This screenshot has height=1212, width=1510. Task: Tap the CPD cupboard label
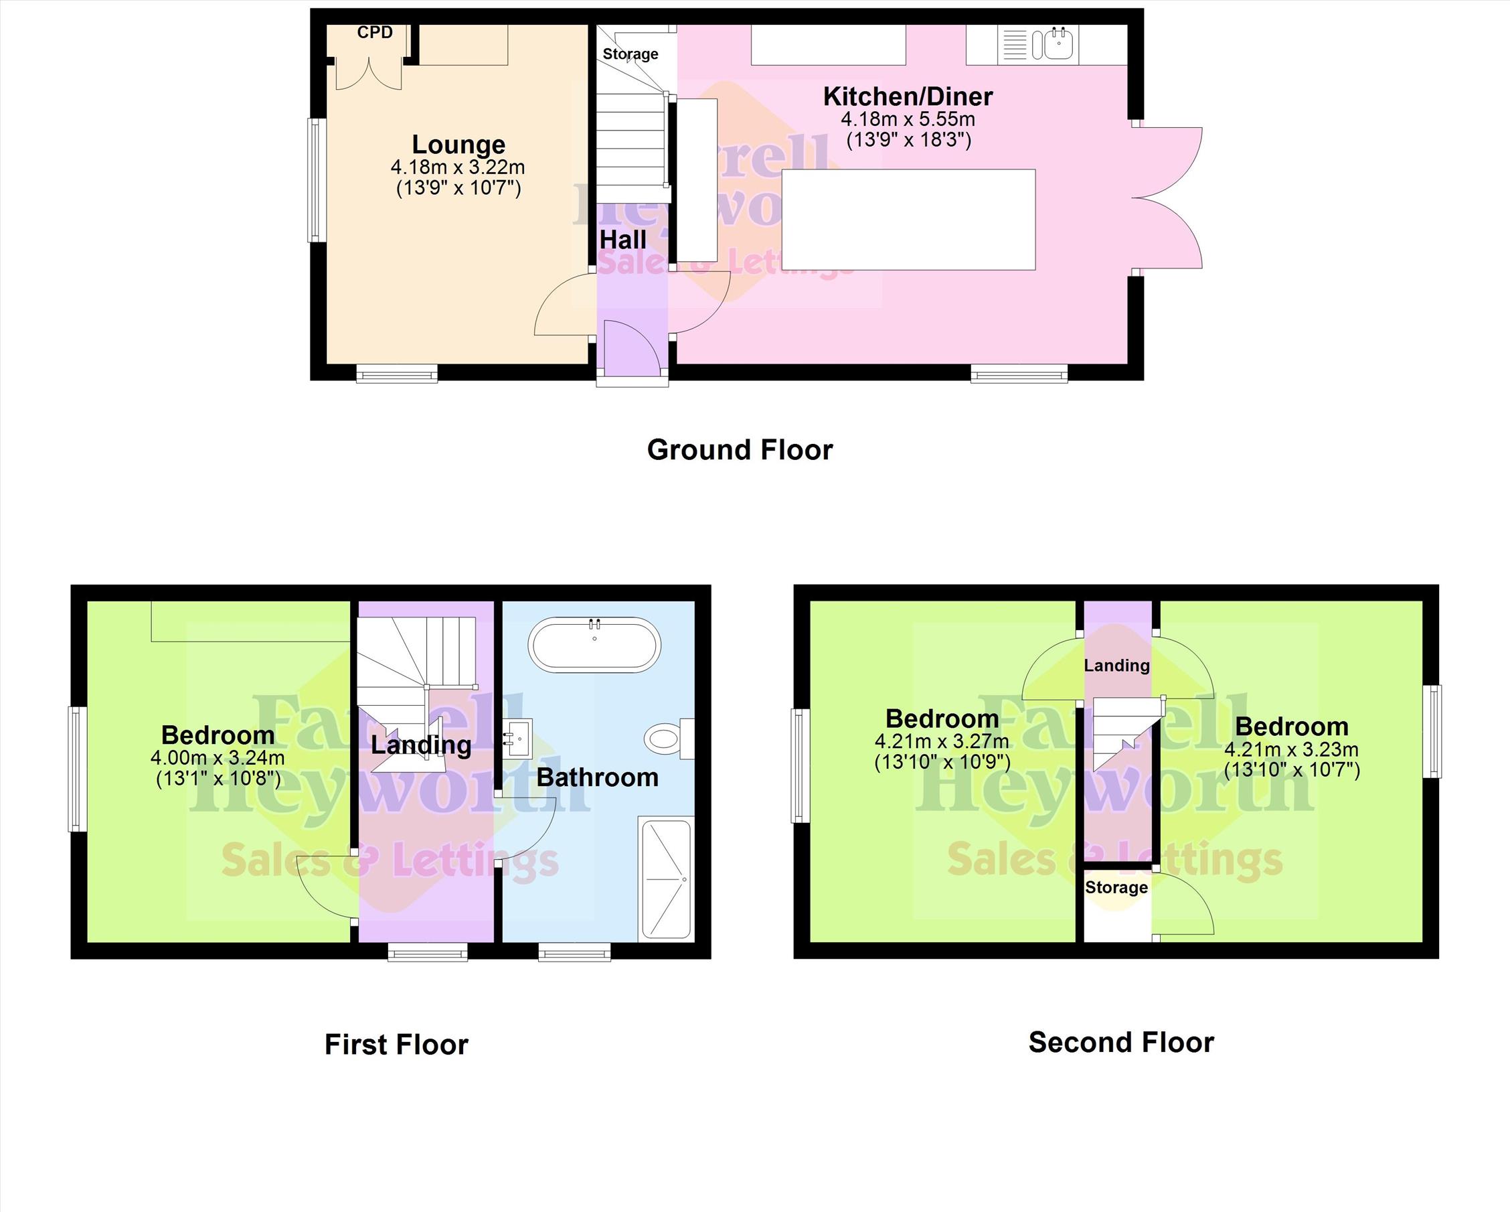[375, 32]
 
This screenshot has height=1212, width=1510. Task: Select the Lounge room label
[458, 145]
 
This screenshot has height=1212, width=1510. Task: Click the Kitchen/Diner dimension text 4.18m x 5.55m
[908, 119]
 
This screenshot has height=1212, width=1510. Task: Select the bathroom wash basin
[517, 739]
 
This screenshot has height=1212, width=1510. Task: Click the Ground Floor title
[740, 450]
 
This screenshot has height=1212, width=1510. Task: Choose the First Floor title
[396, 1045]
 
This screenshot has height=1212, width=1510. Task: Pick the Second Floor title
[1121, 1043]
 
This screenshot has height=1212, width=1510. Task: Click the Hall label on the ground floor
[623, 240]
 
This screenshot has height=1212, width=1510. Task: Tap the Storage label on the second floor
[1116, 888]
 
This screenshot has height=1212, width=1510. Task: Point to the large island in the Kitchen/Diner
[908, 219]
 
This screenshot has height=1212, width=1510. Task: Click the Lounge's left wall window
[317, 181]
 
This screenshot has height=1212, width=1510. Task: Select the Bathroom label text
[598, 777]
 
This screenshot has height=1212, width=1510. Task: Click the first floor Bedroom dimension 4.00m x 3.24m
[218, 758]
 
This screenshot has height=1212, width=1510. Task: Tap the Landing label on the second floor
[1117, 666]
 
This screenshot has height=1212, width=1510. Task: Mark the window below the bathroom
[574, 952]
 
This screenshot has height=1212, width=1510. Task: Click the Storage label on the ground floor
[631, 54]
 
